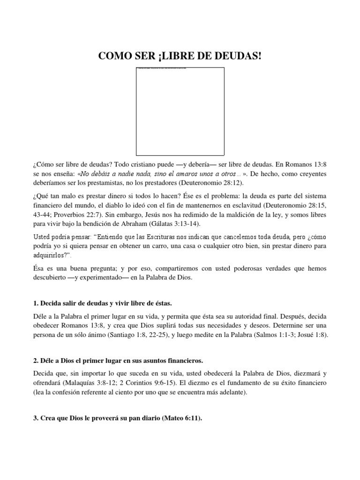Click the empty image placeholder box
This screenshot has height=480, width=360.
[180, 111]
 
